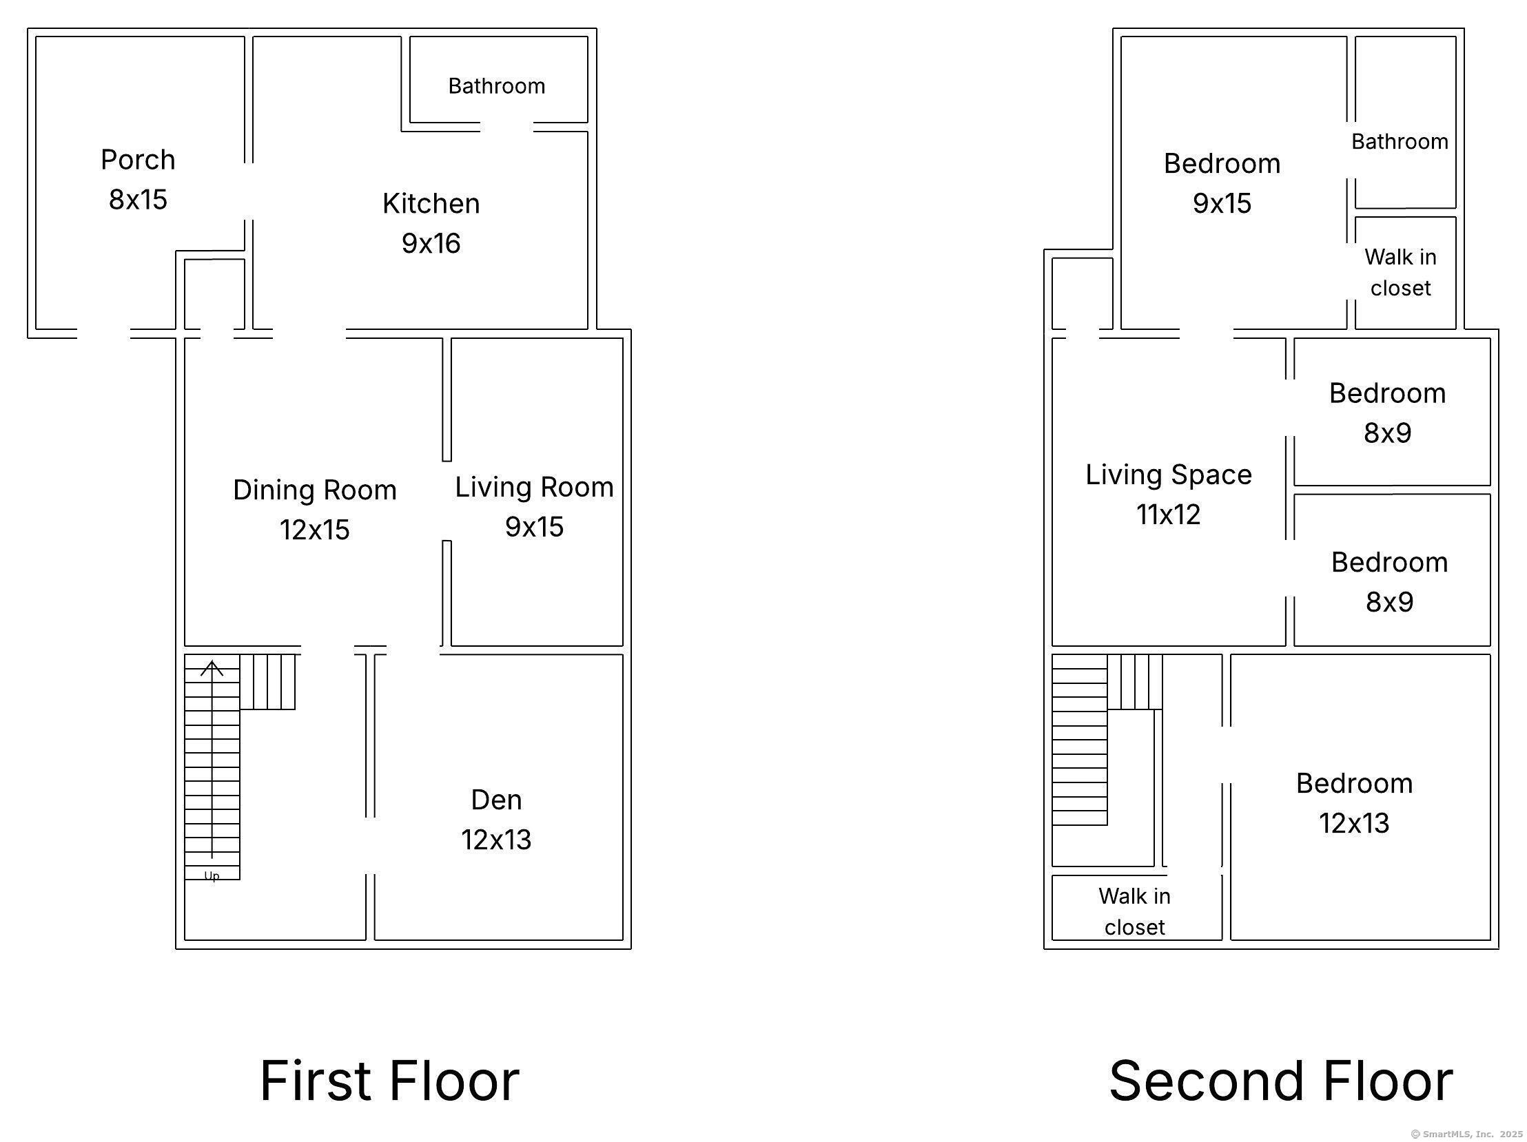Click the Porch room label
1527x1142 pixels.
coord(138,159)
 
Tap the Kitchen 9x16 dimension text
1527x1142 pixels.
coord(431,243)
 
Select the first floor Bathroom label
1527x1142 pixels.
coord(496,85)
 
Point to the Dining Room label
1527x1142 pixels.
coord(315,490)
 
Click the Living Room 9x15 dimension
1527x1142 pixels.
coord(534,526)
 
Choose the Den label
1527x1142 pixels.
coord(496,800)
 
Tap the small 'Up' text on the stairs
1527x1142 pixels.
coord(212,875)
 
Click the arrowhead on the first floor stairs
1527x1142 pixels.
coord(212,668)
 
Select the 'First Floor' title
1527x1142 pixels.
coord(389,1080)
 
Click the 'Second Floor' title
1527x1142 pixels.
coord(1281,1080)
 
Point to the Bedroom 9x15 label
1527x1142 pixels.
coord(1222,163)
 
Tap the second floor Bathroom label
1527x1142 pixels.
coord(1400,141)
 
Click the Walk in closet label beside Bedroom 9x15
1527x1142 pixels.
coord(1400,272)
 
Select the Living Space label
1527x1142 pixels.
coord(1168,475)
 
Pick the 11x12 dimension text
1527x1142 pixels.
coord(1168,514)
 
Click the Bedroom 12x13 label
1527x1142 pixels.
coord(1354,783)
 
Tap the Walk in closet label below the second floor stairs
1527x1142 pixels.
coord(1134,911)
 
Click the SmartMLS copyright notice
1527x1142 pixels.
coord(1466,1134)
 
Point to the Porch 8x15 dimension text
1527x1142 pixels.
coord(138,200)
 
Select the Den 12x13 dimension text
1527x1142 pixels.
coord(496,840)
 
